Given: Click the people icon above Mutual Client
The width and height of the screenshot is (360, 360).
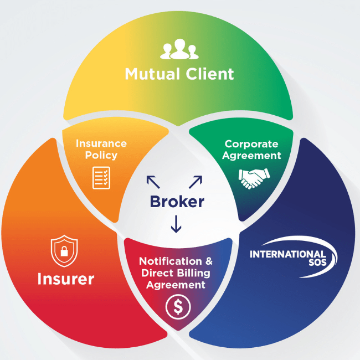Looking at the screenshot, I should click(179, 49).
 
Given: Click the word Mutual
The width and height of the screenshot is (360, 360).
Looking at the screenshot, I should click(151, 74).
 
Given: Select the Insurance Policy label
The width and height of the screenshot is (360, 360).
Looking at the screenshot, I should click(101, 149).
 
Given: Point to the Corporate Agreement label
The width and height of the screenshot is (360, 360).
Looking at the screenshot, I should click(253, 149).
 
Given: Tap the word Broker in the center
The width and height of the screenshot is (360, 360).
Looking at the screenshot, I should click(177, 201).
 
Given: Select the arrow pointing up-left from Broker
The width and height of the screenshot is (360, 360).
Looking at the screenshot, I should click(152, 182).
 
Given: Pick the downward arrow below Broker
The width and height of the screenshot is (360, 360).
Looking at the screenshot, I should click(176, 224).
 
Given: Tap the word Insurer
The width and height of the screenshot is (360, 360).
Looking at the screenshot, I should click(66, 279).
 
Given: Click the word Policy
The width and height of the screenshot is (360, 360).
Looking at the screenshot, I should click(101, 155).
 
